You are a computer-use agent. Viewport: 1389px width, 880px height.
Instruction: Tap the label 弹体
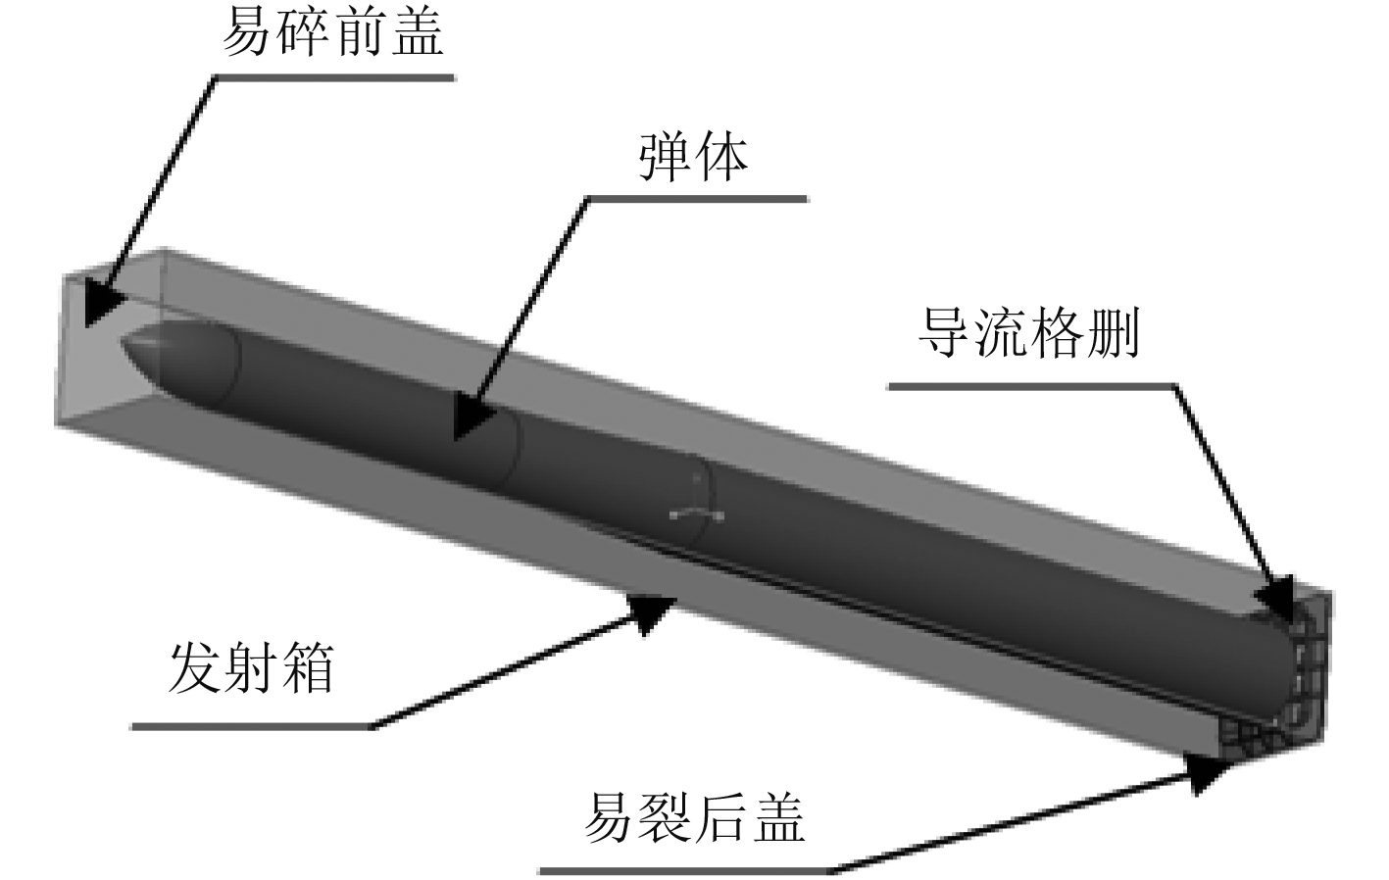[693, 156]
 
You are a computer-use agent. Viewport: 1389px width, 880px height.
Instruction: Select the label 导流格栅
[1028, 336]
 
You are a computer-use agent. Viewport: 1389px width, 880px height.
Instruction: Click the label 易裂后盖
[694, 817]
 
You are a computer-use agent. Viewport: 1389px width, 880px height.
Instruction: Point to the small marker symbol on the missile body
[697, 512]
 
